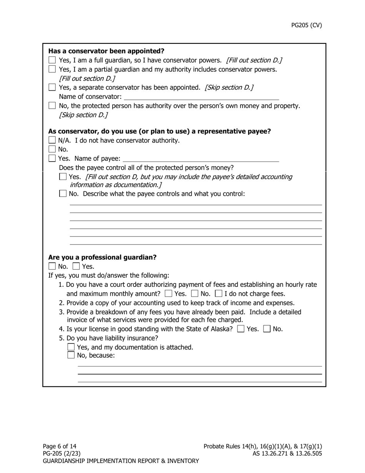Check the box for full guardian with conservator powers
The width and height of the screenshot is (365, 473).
52,60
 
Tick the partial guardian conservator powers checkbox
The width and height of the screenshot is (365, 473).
52,69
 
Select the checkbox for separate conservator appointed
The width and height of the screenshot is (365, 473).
52,87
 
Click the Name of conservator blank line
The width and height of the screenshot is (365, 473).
201,97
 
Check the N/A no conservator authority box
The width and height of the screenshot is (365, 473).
52,140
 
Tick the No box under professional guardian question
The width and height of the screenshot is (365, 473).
52,266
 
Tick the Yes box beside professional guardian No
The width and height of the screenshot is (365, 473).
76,266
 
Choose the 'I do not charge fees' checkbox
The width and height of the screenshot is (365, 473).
219,294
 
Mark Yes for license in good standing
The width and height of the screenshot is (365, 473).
241,329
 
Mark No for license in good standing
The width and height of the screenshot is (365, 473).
267,329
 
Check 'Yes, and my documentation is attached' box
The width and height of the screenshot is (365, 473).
71,347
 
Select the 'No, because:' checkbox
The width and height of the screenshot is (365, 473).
71,355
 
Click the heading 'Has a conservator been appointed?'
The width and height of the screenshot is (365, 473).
106,51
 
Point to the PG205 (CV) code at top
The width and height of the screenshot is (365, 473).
306,25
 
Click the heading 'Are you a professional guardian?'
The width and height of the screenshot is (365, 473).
102,257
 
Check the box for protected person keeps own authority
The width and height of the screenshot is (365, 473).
52,105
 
